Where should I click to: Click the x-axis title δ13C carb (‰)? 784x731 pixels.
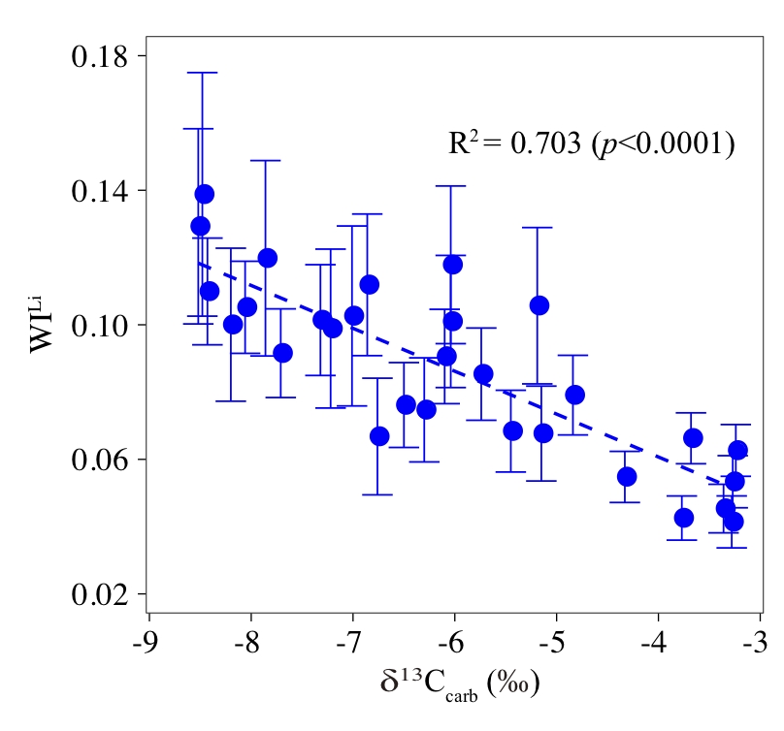coord(460,682)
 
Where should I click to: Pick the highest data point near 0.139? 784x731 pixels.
coord(204,194)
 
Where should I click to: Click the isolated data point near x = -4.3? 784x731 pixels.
coord(626,476)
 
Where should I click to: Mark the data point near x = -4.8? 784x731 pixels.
coord(574,395)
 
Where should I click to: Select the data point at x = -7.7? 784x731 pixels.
coord(282,353)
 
